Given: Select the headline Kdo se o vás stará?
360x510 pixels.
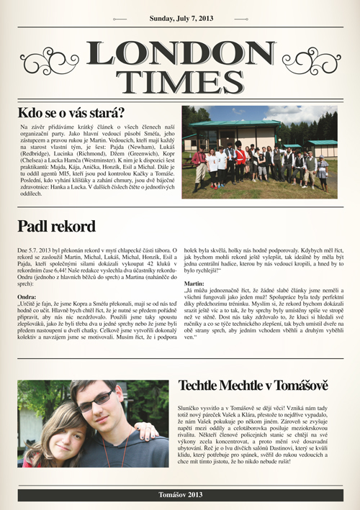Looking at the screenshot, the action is pos(71,113).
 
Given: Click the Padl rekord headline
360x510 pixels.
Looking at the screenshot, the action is pos(57,227).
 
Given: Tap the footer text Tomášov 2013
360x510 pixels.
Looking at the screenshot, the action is pos(180,495).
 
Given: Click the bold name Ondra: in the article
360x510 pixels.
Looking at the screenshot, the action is pos(27,296).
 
